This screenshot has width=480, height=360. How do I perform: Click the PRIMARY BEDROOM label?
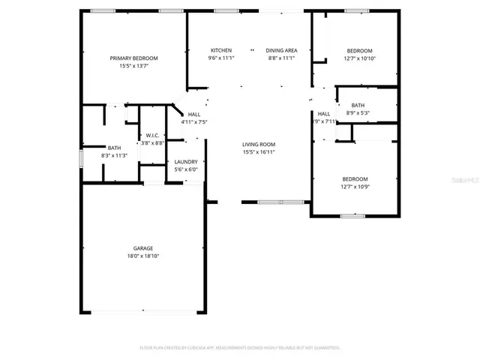pos(133,58)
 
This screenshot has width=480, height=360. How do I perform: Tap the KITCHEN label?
pos(220,50)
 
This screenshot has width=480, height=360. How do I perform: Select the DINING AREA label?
pos(280,50)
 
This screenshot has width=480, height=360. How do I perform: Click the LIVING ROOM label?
pos(259,144)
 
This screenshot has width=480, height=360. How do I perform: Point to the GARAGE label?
pos(143,248)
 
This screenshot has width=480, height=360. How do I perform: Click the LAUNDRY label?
pos(186,162)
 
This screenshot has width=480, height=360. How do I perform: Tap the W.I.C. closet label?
pos(153,135)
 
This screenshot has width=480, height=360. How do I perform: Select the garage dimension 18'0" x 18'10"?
pos(143,256)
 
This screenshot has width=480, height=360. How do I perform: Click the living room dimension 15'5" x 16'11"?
pos(259,152)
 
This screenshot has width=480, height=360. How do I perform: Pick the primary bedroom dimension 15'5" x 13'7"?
pos(133,66)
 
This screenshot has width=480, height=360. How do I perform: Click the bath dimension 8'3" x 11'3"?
pos(114,156)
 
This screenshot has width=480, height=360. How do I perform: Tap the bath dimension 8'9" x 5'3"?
pos(358,113)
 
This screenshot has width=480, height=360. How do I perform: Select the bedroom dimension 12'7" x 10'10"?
pos(359,58)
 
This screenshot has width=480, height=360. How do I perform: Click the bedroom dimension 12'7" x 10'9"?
pos(355,187)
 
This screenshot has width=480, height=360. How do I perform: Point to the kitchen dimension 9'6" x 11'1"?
pos(220,58)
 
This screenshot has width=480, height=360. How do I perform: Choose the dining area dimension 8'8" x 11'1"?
pos(280,58)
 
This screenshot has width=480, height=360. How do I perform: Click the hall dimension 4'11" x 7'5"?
pos(193,122)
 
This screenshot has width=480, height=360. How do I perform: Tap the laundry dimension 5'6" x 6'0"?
pos(186,170)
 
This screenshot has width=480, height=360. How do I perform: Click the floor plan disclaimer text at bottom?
pos(240,347)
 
